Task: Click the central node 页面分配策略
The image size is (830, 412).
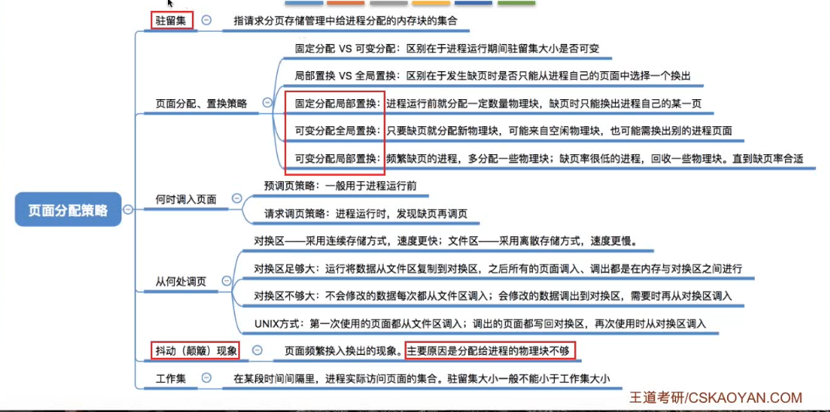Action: tap(68, 209)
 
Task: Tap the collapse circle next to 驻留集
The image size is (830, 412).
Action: tap(207, 21)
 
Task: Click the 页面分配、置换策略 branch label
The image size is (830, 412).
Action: tap(201, 103)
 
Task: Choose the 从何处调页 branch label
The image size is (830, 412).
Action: tap(183, 280)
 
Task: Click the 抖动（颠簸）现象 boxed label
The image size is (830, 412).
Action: tap(195, 350)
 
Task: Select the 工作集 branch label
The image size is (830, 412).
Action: tap(171, 378)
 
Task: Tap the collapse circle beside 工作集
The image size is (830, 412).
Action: tap(206, 378)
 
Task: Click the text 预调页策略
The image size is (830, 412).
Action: tap(289, 186)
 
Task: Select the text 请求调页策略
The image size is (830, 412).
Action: tap(294, 213)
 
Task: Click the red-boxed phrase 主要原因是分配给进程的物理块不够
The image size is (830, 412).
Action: tap(490, 351)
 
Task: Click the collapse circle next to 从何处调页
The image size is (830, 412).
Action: tap(225, 280)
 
